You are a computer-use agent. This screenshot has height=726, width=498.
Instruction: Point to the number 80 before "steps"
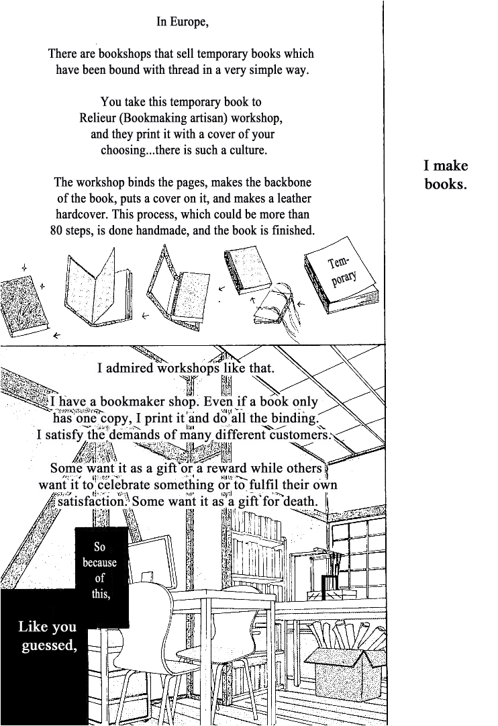(56, 230)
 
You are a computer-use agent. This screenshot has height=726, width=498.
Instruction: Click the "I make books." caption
(446, 175)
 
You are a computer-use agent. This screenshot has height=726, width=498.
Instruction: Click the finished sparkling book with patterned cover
(23, 306)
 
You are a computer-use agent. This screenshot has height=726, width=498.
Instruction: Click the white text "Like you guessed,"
(47, 635)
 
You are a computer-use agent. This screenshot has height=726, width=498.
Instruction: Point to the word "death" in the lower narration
(300, 502)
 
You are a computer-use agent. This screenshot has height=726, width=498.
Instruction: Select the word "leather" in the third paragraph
(294, 198)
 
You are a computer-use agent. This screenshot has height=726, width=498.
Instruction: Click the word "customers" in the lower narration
(300, 435)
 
